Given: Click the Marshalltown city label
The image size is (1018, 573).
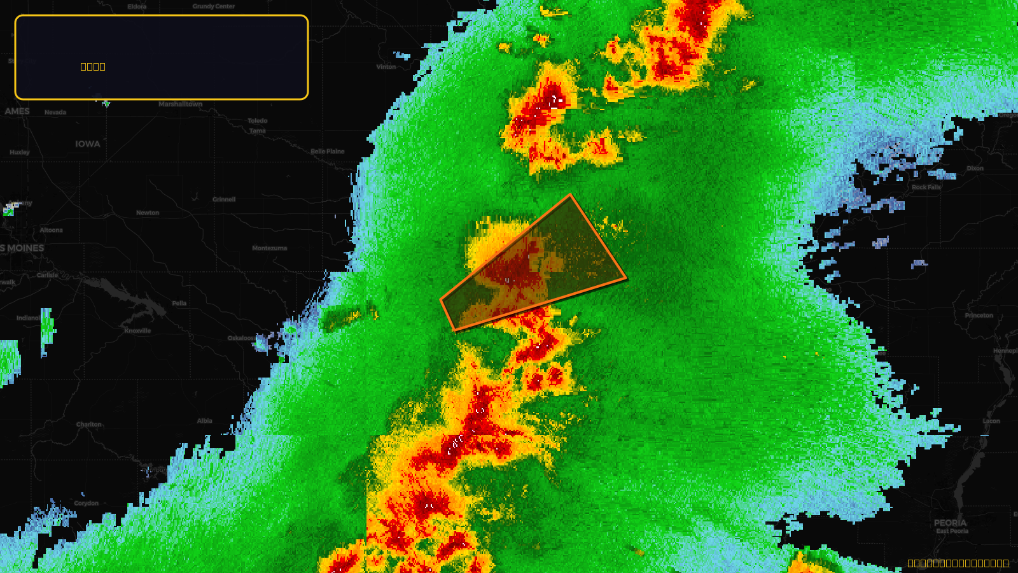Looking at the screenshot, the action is (x=180, y=104).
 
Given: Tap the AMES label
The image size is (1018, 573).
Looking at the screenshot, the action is (x=17, y=111).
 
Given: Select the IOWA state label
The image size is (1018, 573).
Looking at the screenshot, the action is (x=88, y=144).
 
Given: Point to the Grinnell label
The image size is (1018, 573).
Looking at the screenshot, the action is (x=224, y=199).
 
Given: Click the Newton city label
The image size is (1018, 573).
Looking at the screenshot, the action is (x=148, y=213).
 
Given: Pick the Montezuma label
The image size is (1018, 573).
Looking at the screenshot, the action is (x=269, y=248).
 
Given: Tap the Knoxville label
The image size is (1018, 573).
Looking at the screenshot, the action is (x=137, y=330).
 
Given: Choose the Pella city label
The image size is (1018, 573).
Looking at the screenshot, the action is (x=179, y=303).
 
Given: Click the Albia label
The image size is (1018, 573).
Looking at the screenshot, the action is (x=205, y=421).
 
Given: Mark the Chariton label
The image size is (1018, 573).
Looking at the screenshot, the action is (x=89, y=425).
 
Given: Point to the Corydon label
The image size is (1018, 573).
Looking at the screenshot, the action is (x=87, y=503).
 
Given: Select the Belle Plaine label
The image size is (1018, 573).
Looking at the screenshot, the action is (x=328, y=152).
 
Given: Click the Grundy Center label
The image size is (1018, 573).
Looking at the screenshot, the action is (x=214, y=6).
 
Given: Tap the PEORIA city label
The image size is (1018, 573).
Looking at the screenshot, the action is (x=950, y=523).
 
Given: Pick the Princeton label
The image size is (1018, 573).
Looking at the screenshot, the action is (x=979, y=316).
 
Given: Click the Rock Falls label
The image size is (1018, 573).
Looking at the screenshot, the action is (x=926, y=187).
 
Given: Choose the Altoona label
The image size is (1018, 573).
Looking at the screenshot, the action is (x=52, y=230).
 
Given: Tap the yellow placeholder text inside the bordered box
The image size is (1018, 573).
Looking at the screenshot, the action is (x=93, y=67).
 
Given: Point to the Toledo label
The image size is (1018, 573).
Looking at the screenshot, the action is (x=258, y=121).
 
